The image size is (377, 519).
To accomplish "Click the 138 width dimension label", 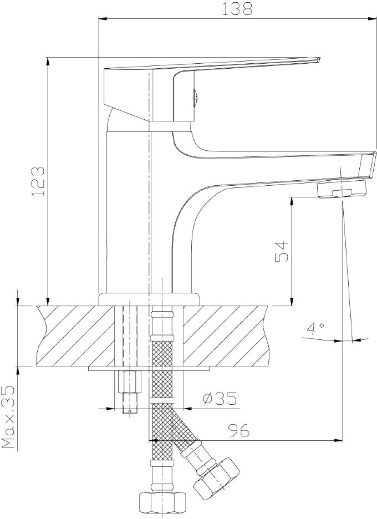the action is (236, 9).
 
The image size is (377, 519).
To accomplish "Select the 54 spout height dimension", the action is (282, 252).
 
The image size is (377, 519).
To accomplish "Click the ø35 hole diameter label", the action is (220, 398).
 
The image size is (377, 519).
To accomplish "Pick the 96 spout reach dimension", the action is (238, 430).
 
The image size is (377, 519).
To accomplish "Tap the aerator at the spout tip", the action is (342, 189).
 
